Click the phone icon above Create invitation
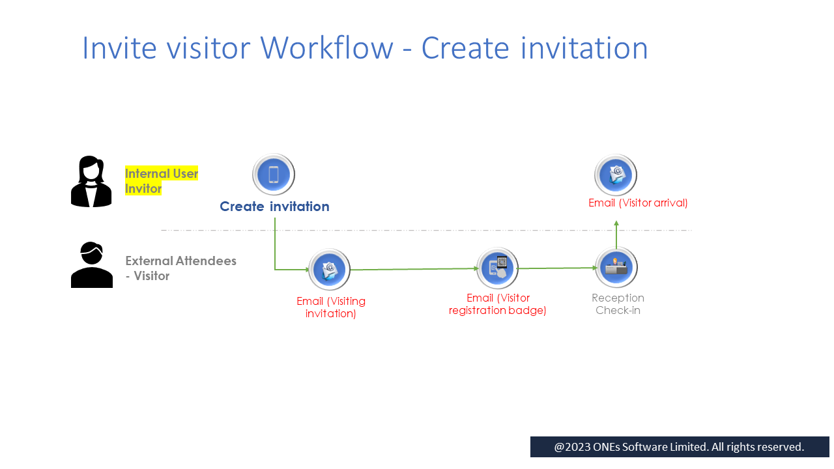point(274,175)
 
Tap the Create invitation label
point(274,206)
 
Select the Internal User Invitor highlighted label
point(161,181)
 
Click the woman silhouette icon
point(91,182)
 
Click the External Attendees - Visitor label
point(180,268)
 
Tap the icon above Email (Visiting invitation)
point(329,269)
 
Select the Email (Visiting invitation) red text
point(331,307)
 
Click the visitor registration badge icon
point(497,268)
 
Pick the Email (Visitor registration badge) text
point(498,304)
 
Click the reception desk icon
point(616,267)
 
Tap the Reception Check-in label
point(618,304)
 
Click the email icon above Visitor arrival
point(616,175)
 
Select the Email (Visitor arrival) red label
point(638,203)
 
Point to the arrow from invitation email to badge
point(414,269)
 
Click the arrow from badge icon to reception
point(557,268)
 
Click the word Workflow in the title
point(326,48)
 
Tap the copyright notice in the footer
point(679,447)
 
